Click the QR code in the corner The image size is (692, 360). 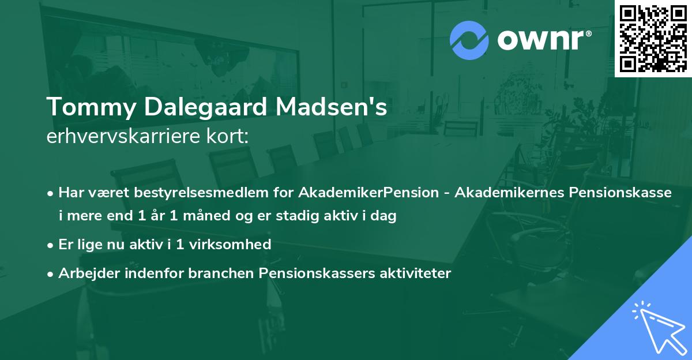coord(653,38)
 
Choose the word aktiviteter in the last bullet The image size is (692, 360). coord(415,273)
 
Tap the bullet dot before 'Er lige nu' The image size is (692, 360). coord(51,245)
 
